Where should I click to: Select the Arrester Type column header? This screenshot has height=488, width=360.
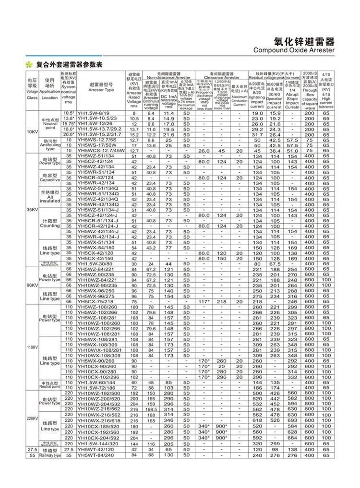click(x=101, y=89)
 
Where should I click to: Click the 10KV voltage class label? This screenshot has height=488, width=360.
click(x=32, y=131)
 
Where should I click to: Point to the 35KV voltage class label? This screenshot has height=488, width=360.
click(x=32, y=210)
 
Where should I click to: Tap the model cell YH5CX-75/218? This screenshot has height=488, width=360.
click(x=96, y=301)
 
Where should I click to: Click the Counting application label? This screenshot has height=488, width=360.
click(x=50, y=223)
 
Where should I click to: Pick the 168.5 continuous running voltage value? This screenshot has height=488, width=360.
click(x=151, y=409)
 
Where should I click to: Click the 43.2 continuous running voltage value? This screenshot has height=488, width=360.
click(x=151, y=248)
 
